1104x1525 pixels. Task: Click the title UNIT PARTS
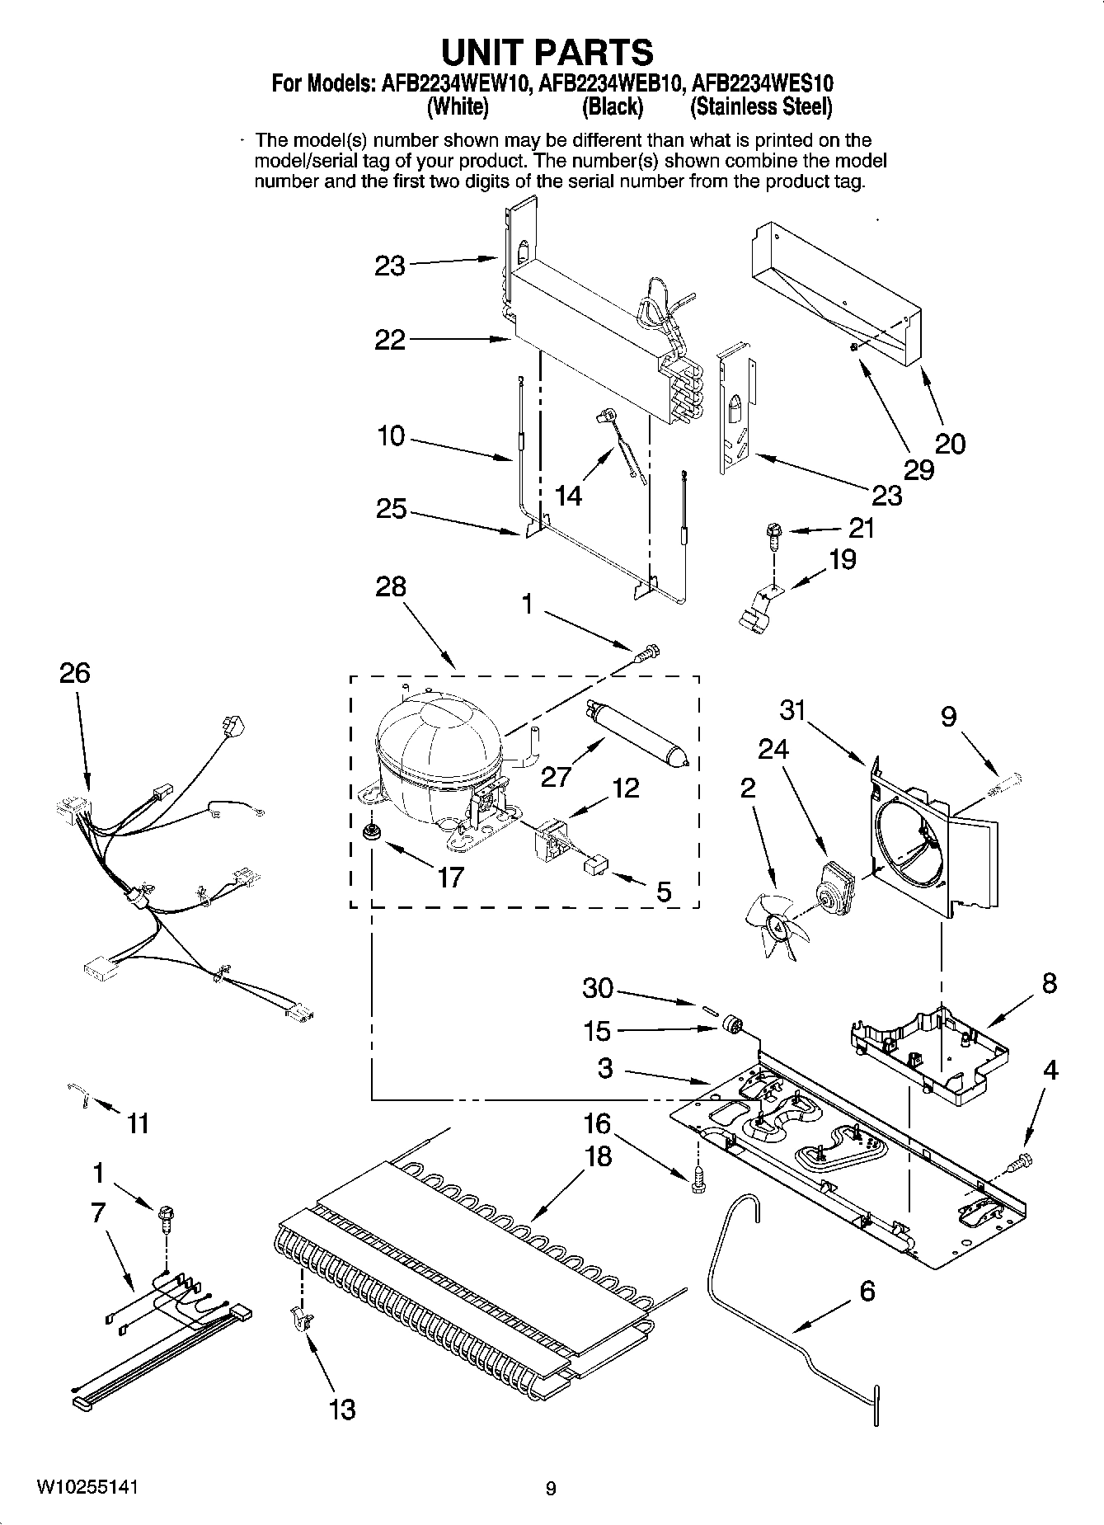548,52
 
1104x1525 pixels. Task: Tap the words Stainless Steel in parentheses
761,107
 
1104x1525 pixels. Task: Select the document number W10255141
87,1487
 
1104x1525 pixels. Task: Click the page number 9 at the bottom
551,1489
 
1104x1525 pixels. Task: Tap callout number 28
391,586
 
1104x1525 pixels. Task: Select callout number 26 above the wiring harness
74,673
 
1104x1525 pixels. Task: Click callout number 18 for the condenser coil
598,1157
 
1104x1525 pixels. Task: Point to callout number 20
951,445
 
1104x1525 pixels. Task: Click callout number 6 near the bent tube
867,1291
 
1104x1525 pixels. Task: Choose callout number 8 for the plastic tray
1049,983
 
